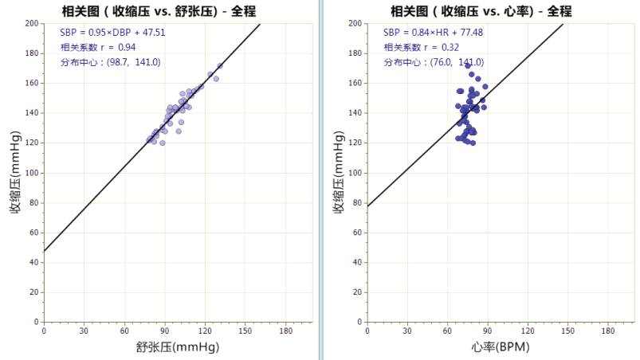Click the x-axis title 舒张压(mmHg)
click(178, 348)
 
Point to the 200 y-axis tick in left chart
click(32, 23)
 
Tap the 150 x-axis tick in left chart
click(245, 331)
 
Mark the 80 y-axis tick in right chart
click(356, 202)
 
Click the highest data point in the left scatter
click(220, 66)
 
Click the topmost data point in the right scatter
click(468, 65)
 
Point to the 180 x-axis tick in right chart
click(609, 331)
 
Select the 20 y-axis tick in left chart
click(34, 292)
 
